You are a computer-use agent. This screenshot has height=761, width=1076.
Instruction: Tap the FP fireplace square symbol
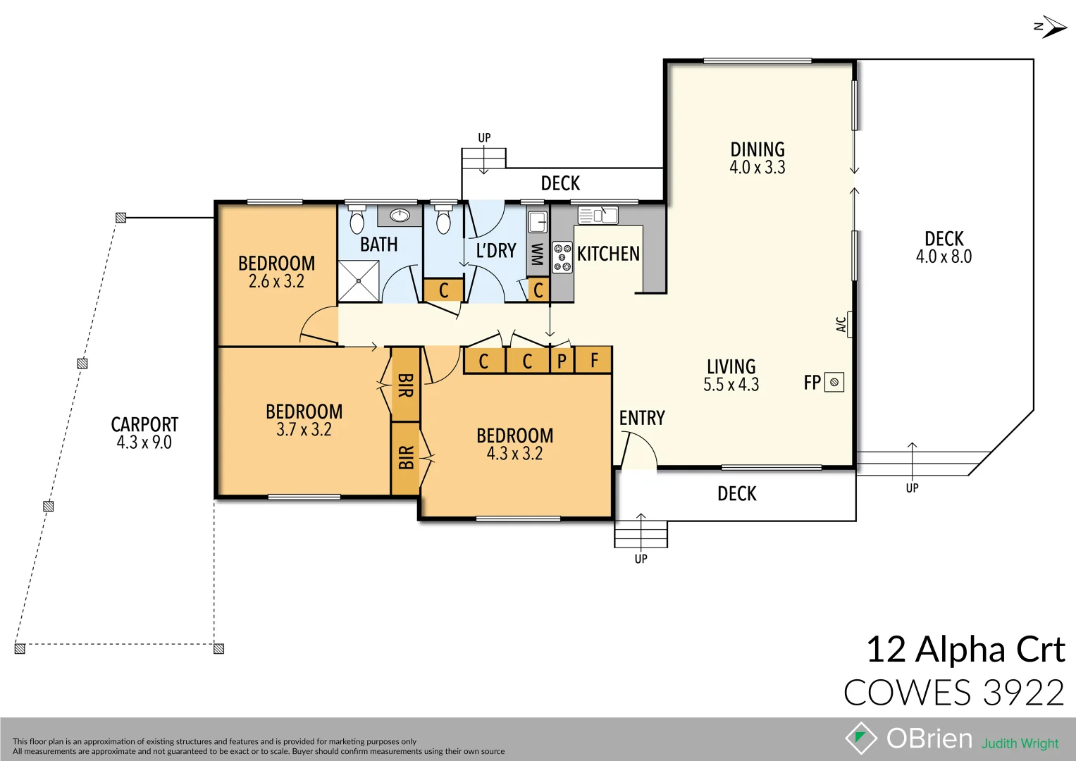click(x=834, y=382)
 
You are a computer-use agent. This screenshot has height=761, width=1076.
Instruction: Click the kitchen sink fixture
click(x=598, y=215)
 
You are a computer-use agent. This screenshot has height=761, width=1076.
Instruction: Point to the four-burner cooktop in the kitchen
click(x=562, y=257)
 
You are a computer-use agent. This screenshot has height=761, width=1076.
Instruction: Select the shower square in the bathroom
click(x=359, y=280)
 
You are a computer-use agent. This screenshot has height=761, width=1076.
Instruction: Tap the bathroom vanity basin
click(x=400, y=215)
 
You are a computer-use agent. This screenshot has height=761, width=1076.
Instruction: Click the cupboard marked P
click(x=562, y=361)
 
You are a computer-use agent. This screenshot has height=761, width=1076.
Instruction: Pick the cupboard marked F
click(x=594, y=361)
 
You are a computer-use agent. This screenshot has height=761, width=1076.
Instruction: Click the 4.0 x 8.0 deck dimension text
click(x=944, y=257)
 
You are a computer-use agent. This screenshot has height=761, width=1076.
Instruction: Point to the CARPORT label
click(x=144, y=424)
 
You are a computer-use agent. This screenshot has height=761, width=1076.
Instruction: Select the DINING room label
click(x=757, y=149)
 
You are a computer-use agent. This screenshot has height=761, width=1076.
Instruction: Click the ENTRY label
click(x=642, y=418)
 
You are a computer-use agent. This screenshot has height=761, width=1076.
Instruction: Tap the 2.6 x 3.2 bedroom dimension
click(x=276, y=282)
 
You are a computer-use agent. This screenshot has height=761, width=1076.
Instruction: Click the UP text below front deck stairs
click(x=641, y=559)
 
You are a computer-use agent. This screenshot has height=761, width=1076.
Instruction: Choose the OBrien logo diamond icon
click(x=860, y=738)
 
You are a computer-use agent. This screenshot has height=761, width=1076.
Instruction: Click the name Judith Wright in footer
click(x=1020, y=743)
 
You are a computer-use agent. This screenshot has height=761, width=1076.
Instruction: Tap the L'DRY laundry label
click(x=496, y=251)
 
